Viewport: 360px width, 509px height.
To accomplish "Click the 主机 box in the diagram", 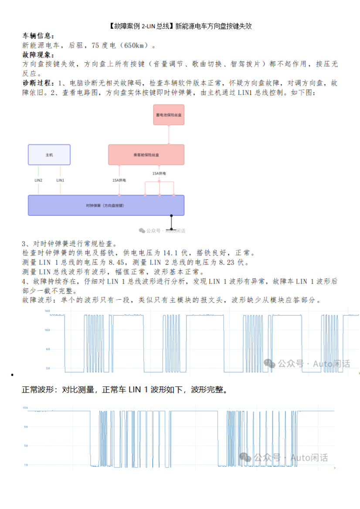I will (x=49, y=155).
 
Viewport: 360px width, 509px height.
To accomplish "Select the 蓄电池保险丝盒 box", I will (x=169, y=115).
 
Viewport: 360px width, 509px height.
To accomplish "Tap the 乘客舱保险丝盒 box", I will (x=146, y=155).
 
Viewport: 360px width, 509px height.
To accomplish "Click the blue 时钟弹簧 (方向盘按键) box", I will (x=106, y=205).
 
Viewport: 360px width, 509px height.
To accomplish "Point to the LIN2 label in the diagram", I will (x=38, y=180).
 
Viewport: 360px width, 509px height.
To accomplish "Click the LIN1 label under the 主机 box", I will (x=60, y=180).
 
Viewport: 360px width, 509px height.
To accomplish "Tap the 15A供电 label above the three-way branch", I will (x=159, y=173).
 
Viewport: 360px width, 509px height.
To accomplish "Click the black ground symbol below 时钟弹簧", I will (x=172, y=222).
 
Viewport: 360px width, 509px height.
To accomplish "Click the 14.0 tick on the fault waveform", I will (x=47, y=311).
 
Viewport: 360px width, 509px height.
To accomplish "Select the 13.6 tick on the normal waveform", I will (x=25, y=408).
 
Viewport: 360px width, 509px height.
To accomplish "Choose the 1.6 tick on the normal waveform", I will (x=25, y=465).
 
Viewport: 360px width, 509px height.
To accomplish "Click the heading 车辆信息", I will (x=38, y=36).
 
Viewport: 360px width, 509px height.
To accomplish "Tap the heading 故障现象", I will (x=38, y=55).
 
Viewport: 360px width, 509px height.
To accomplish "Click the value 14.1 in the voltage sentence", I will (x=170, y=253).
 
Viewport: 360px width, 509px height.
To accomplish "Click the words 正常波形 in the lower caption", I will (x=40, y=390).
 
